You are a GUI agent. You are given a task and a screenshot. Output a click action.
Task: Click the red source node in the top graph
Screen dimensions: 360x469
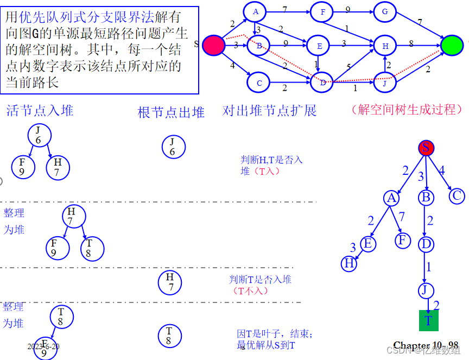point(213,45)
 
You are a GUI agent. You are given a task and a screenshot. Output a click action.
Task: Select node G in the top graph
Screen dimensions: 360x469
point(384,11)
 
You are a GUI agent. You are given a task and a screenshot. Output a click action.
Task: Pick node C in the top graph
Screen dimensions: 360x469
point(258,83)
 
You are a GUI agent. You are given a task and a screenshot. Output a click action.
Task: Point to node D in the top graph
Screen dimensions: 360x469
point(322,83)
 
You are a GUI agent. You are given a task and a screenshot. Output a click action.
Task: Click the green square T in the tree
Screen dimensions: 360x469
point(428,320)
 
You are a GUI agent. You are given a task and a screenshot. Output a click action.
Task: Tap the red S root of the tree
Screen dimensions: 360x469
point(426,148)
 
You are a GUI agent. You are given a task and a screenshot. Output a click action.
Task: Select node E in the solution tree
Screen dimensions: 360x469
point(368,244)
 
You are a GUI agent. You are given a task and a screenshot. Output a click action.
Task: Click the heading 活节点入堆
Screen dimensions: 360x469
point(40,111)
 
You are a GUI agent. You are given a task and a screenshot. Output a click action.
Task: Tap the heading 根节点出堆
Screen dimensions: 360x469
point(171,112)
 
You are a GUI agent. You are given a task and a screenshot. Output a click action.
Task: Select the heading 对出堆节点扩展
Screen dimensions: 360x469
point(269,111)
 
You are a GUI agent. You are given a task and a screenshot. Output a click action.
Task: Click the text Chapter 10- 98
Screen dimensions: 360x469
point(426,345)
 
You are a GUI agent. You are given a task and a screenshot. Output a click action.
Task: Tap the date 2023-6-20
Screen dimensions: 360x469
point(43,346)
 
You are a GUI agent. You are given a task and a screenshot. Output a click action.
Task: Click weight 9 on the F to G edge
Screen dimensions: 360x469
point(348,9)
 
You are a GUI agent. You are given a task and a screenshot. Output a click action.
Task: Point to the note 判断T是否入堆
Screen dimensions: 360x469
point(261,280)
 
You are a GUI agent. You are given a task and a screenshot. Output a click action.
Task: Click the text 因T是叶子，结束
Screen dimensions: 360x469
point(275,333)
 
